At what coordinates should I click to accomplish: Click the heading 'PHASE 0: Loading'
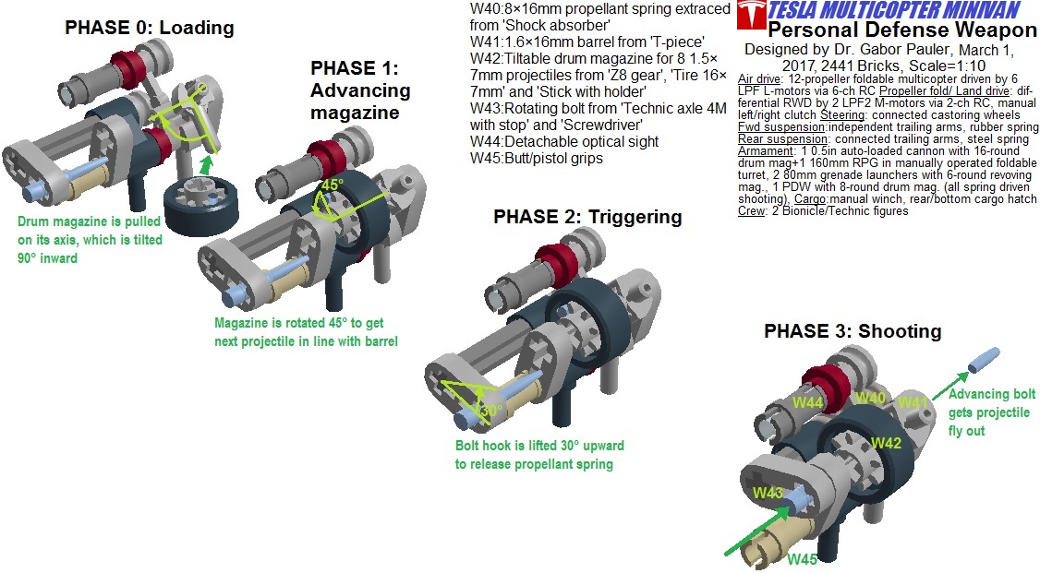[x=149, y=29]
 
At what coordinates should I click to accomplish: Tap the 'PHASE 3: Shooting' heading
[x=853, y=331]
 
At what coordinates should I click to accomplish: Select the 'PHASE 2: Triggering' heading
[x=587, y=217]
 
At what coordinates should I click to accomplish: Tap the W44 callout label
[x=807, y=402]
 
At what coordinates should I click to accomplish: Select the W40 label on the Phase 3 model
[x=870, y=398]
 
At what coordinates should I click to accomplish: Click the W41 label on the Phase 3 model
[x=913, y=401]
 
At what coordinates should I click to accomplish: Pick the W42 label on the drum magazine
[x=885, y=443]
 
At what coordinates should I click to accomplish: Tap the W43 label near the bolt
[x=768, y=493]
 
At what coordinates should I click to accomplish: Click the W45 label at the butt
[x=804, y=558]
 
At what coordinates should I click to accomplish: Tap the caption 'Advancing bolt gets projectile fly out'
[x=992, y=412]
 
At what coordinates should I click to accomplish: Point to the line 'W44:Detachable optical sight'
[x=564, y=141]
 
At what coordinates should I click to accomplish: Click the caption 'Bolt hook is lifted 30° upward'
[x=539, y=446]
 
